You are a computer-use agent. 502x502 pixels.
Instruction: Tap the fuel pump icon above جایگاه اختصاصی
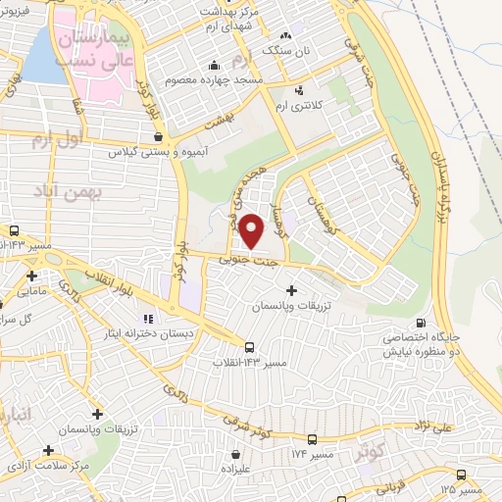(x=421, y=324)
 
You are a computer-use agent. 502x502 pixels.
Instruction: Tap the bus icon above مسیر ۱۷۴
(x=312, y=439)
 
